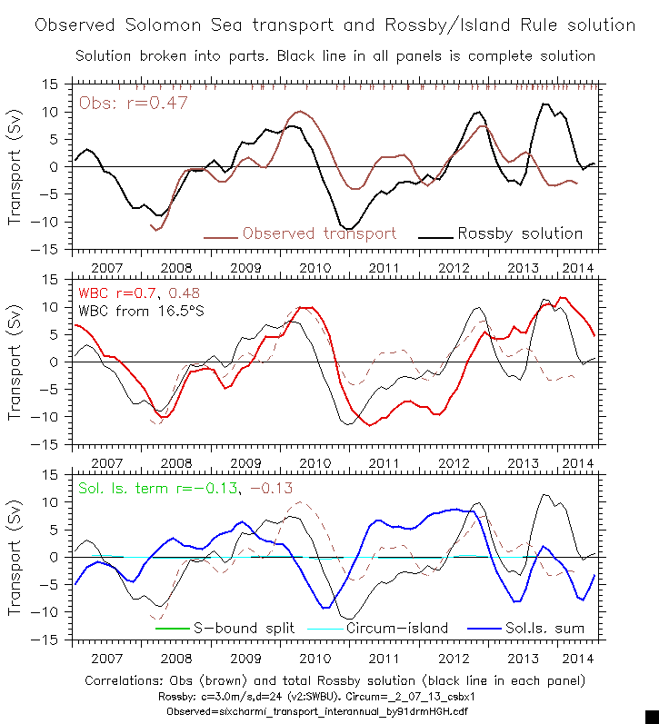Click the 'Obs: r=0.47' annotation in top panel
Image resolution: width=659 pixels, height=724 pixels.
coord(134,103)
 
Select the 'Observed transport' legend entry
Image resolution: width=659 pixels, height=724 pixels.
coord(318,233)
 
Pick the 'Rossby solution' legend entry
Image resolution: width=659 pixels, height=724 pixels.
coord(519,233)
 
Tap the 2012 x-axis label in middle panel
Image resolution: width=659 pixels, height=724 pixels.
coord(454,464)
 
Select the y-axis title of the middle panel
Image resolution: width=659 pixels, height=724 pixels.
coord(15,362)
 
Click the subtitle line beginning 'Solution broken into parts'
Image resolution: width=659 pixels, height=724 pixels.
coord(334,56)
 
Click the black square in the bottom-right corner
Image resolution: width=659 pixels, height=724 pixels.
coord(651,716)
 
